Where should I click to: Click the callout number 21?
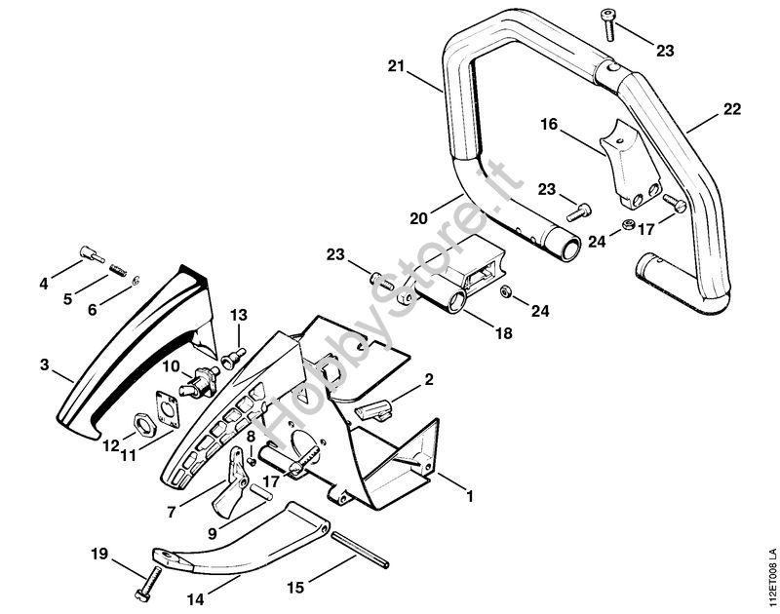pyautogui.click(x=395, y=67)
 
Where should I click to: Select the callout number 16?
pyautogui.click(x=549, y=125)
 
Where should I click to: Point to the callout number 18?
pyautogui.click(x=504, y=332)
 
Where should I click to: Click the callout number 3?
pyautogui.click(x=45, y=365)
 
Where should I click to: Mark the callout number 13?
pyautogui.click(x=239, y=314)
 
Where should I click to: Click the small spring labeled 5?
pyautogui.click(x=118, y=267)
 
